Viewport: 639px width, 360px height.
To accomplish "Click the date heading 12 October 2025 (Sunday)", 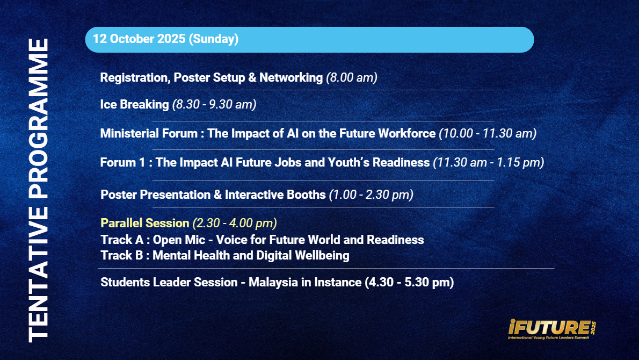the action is (166, 39).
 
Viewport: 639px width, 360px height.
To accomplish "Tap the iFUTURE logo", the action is (552, 329).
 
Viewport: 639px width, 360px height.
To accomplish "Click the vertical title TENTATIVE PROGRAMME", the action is (38, 190).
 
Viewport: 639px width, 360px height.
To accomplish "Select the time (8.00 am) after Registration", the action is (352, 77).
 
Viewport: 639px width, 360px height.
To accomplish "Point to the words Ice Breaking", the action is (134, 104).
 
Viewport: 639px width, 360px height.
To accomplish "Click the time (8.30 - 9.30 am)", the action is (214, 104).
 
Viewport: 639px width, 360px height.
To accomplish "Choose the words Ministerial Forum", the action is (149, 133).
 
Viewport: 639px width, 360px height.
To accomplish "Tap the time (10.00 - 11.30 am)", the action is (488, 133).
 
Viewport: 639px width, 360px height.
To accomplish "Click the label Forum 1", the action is (122, 162).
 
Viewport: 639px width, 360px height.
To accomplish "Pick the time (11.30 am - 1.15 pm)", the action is (489, 162).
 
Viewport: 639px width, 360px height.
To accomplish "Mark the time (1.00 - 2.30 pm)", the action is (371, 195).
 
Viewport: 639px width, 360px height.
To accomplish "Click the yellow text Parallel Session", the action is (145, 223).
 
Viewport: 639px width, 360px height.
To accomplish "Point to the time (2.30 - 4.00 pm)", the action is (235, 223).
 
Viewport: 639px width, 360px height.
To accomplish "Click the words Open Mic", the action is (179, 240).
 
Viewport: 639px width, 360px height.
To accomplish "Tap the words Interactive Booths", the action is (275, 195).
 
